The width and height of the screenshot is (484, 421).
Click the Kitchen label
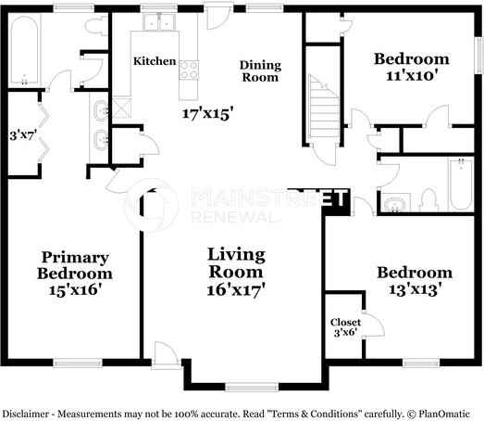(x=155, y=61)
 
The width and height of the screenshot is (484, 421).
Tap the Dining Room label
(x=260, y=71)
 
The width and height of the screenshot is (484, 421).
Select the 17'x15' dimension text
(x=207, y=113)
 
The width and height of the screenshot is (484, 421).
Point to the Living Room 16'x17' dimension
(x=236, y=290)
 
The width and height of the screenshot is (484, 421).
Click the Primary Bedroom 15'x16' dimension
(x=75, y=290)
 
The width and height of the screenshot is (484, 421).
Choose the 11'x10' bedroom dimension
(x=413, y=75)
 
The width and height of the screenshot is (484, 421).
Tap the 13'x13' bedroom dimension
(x=415, y=290)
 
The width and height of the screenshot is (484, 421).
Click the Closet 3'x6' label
(x=345, y=327)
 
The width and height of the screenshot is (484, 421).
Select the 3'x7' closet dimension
(x=23, y=135)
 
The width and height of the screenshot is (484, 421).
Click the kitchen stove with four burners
(x=189, y=70)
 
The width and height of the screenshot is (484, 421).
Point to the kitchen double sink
(x=159, y=22)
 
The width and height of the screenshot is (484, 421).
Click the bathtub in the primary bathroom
(x=25, y=50)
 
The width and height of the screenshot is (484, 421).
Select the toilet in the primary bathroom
(x=95, y=26)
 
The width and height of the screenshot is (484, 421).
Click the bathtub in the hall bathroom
(x=461, y=185)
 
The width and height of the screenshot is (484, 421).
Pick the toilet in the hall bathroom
(x=429, y=201)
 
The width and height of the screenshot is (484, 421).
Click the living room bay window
(x=252, y=387)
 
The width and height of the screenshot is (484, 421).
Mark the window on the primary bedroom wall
(x=78, y=363)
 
